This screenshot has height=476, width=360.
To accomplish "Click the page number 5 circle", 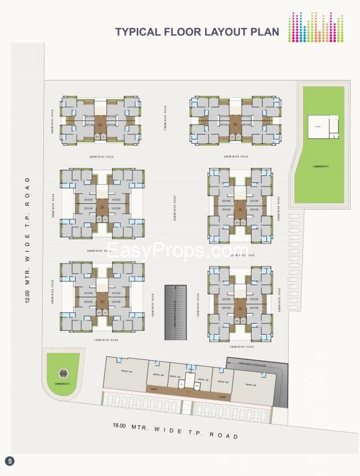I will (x=9, y=461).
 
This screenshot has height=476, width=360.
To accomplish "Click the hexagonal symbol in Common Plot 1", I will (x=61, y=373).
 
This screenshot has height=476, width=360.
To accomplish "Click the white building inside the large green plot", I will (x=323, y=127).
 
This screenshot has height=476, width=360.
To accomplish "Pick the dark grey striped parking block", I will (x=175, y=312).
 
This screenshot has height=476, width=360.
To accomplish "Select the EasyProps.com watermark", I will (x=179, y=250).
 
